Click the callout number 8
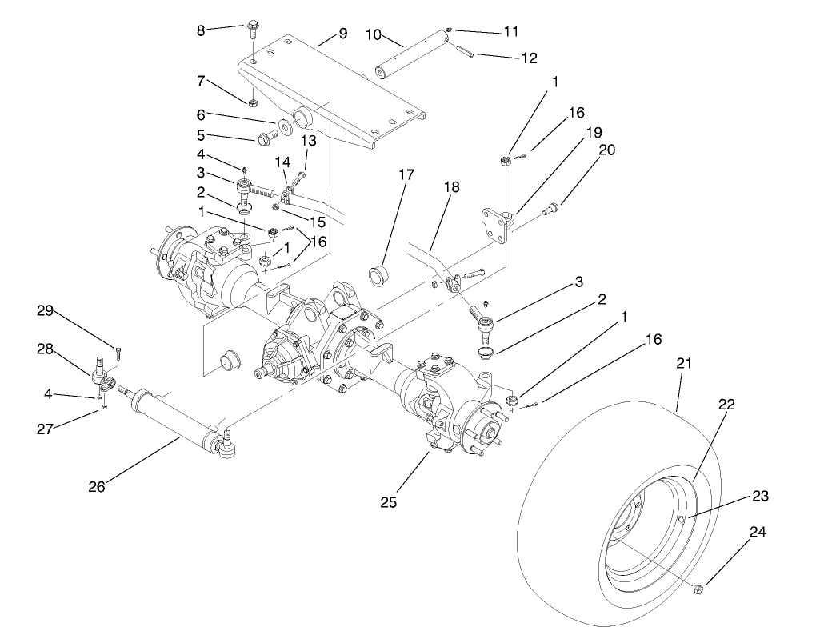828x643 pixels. pyautogui.click(x=201, y=30)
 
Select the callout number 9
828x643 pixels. pyautogui.click(x=342, y=34)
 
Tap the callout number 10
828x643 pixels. pyautogui.click(x=373, y=34)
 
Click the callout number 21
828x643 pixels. pyautogui.click(x=685, y=363)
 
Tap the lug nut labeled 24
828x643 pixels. pyautogui.click(x=699, y=589)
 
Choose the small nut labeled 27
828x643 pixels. pyautogui.click(x=105, y=409)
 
